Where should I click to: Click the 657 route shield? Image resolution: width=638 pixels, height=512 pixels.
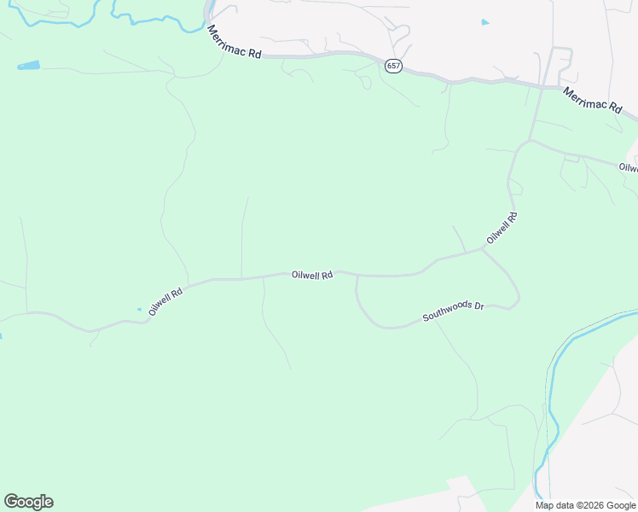click(x=393, y=66)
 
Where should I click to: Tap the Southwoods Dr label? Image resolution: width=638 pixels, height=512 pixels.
click(x=453, y=311)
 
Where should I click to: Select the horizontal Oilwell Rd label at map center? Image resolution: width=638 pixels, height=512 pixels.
click(x=311, y=275)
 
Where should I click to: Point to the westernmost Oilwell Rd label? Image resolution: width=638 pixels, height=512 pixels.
click(x=165, y=302)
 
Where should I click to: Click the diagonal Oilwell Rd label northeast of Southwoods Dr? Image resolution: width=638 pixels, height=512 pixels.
click(x=502, y=229)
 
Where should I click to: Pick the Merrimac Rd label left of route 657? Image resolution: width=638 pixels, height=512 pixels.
click(x=233, y=42)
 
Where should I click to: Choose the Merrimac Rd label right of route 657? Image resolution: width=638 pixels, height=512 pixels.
click(x=591, y=98)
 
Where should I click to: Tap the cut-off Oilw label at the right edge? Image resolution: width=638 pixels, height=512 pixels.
click(x=629, y=167)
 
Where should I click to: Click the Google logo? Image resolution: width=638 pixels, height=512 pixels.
click(x=28, y=502)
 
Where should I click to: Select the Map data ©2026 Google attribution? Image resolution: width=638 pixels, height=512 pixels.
click(x=586, y=505)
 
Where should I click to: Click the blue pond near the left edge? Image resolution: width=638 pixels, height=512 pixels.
click(x=28, y=65)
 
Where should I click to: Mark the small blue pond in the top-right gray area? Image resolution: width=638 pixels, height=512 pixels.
click(x=485, y=22)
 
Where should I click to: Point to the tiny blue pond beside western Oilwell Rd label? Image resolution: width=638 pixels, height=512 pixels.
click(x=139, y=309)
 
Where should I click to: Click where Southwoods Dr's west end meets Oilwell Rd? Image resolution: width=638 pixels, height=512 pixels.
click(x=357, y=276)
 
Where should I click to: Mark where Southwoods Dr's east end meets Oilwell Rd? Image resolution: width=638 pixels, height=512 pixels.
click(x=484, y=250)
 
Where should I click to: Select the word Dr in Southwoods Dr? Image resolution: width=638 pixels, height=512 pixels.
click(x=478, y=305)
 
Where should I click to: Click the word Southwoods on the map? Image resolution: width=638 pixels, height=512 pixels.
click(x=447, y=314)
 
